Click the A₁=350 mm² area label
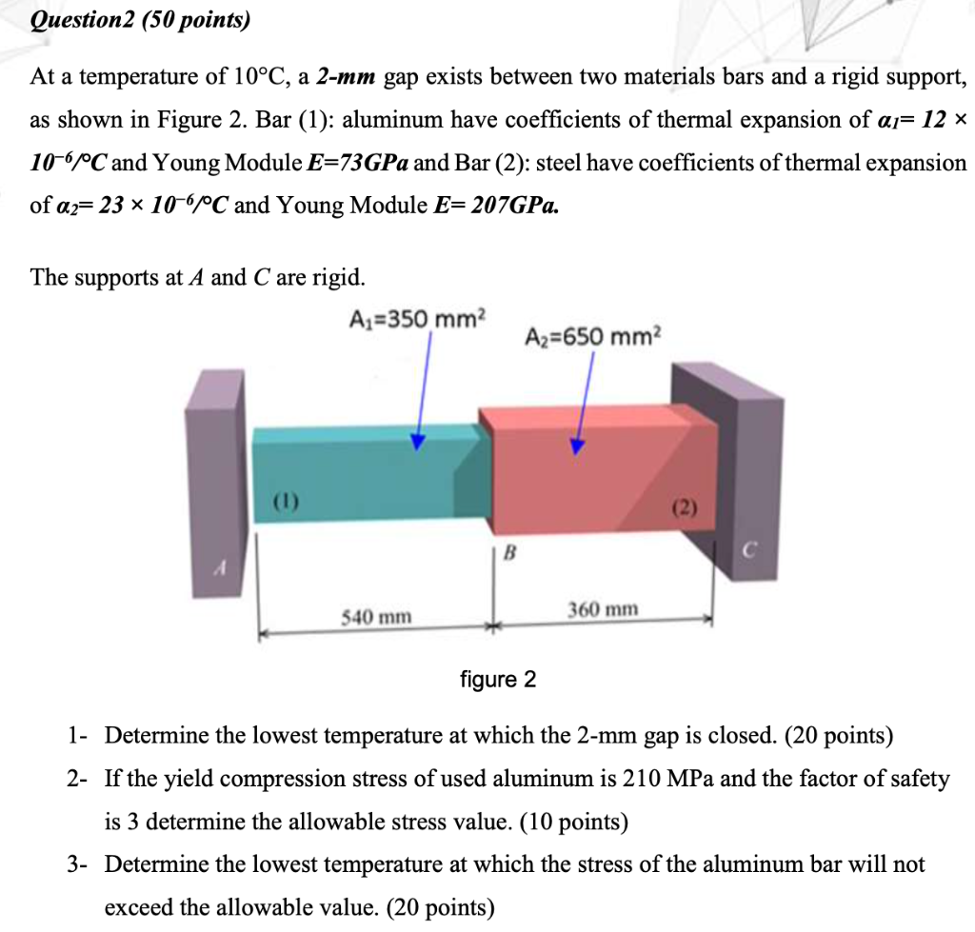pos(417,317)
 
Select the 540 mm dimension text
pos(377,617)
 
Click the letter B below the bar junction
pos(509,552)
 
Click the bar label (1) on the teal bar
pos(284,499)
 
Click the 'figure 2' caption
pos(498,680)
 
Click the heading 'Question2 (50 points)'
pos(140,20)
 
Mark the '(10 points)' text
pos(558,822)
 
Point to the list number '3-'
pos(79,864)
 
